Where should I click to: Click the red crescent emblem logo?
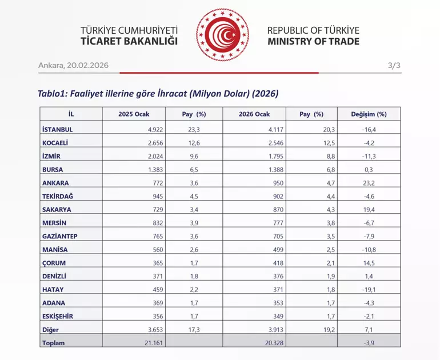tap(223, 35)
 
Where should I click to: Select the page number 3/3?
tap(394, 65)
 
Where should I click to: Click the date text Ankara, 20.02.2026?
tap(73, 65)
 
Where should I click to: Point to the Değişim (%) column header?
tap(369, 114)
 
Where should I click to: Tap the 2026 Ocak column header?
tap(254, 114)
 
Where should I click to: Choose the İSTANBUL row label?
tap(58, 129)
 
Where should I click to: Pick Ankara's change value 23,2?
tap(369, 183)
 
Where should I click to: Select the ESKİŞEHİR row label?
tap(58, 316)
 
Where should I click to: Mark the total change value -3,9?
tap(369, 343)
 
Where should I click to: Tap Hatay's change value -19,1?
tap(369, 290)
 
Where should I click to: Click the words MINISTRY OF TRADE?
tap(313, 42)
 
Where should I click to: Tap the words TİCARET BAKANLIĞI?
tap(130, 42)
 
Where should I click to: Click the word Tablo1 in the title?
tap(53, 93)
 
